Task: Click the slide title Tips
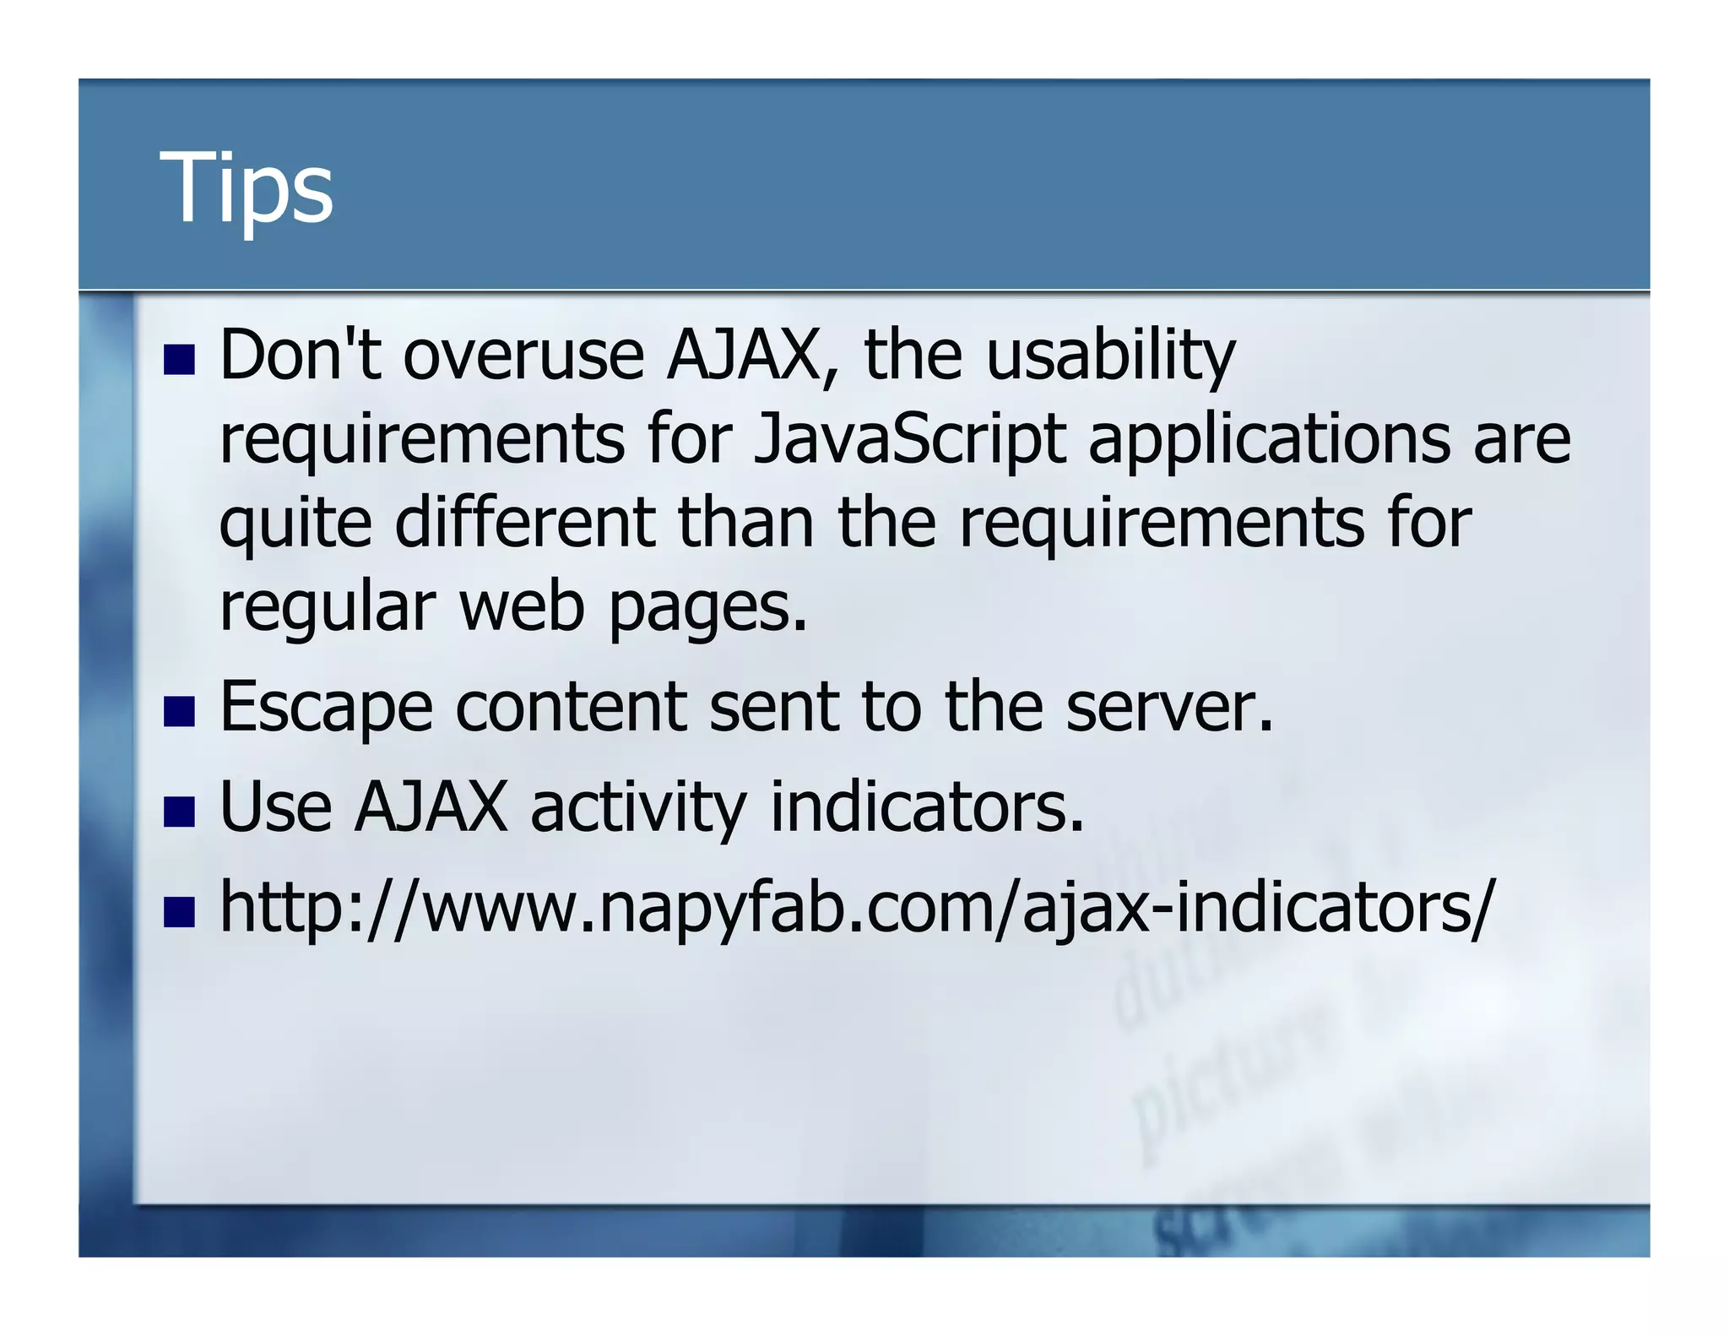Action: tap(246, 187)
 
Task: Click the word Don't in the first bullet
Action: tap(300, 355)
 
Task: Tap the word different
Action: tap(524, 522)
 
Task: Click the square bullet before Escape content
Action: tap(180, 712)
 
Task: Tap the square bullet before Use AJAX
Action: tap(180, 812)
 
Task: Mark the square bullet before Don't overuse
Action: tap(180, 360)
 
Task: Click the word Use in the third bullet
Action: tap(275, 806)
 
